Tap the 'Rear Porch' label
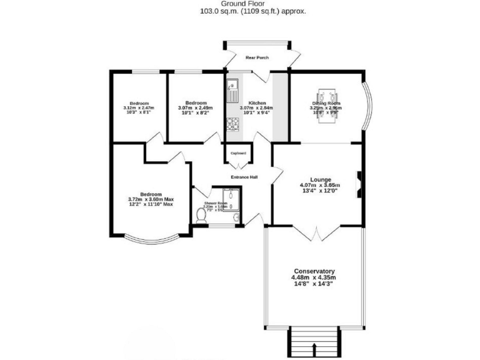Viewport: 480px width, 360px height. tap(257, 57)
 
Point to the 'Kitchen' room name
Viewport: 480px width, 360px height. tap(257, 103)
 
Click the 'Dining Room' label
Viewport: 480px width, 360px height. tap(326, 103)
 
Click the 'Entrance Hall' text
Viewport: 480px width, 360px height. tap(244, 177)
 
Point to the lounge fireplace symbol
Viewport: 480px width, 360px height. tap(359, 184)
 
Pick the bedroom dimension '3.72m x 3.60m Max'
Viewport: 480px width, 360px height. tap(151, 199)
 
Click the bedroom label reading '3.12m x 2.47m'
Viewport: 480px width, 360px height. tap(139, 108)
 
